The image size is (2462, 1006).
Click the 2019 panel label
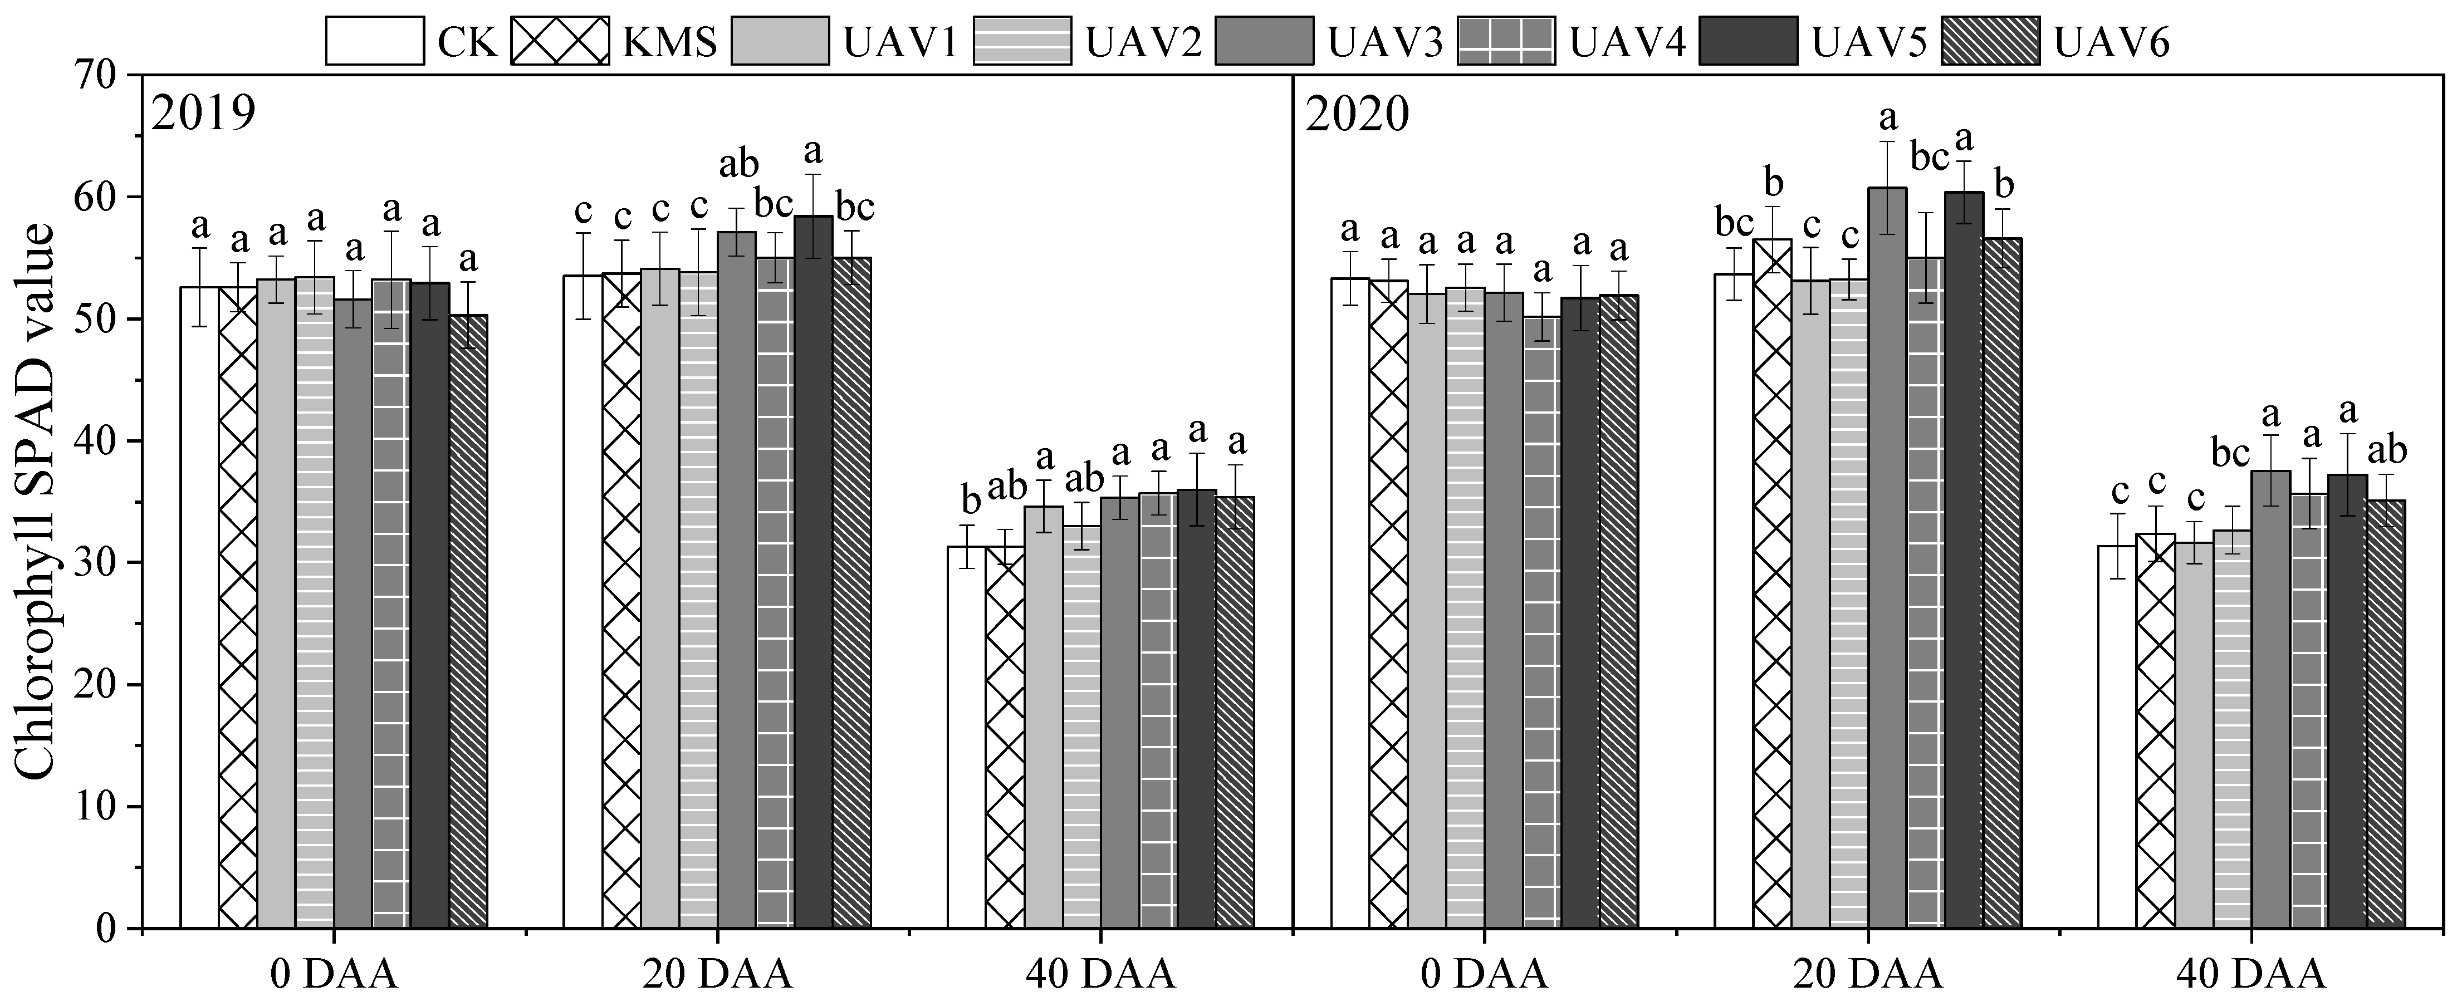click(204, 115)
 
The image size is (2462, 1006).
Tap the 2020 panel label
click(1357, 115)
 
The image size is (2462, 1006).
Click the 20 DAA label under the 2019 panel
click(717, 974)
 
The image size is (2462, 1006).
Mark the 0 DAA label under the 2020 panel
click(1484, 974)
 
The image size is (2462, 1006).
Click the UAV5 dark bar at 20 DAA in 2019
click(812, 573)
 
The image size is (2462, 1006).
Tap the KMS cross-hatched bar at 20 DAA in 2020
click(1772, 583)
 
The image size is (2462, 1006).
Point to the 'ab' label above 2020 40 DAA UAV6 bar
click(2386, 449)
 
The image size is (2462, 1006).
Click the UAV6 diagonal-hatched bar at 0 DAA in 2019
click(468, 621)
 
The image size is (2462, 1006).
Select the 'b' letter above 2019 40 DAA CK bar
click(970, 499)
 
